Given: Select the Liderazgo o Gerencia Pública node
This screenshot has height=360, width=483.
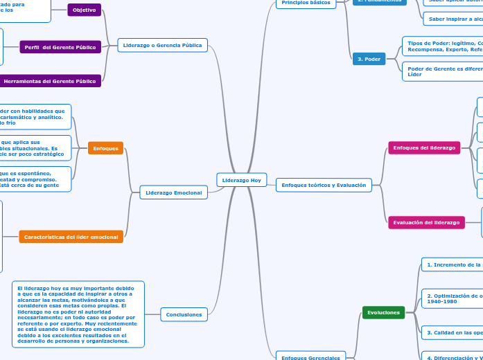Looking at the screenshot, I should [x=162, y=46].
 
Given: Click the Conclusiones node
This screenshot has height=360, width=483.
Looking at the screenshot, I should [x=184, y=315].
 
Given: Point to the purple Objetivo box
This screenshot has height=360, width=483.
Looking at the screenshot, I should [x=84, y=10].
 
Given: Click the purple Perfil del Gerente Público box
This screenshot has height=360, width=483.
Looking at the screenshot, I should [x=60, y=47].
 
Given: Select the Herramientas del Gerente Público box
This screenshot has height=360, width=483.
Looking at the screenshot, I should [x=50, y=81].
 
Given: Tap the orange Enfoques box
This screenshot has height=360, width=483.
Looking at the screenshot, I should [x=106, y=148].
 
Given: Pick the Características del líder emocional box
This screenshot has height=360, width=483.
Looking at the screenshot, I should [x=71, y=237].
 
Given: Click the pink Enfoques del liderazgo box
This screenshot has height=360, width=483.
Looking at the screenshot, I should [x=424, y=148].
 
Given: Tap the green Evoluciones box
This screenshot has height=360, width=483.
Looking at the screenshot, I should [x=383, y=313].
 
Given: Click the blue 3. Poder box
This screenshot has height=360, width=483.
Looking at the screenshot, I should [x=369, y=59].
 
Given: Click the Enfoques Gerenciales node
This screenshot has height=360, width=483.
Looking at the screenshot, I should [x=310, y=357].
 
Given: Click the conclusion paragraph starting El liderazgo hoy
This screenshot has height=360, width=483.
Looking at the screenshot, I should [x=78, y=314].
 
